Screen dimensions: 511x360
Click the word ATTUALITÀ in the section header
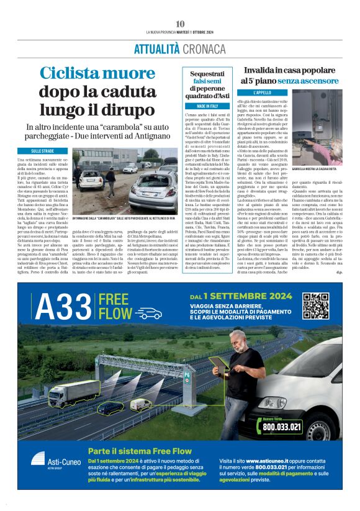143,50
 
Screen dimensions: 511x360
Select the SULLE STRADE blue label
50,151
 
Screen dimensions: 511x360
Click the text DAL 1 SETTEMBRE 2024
240,296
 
